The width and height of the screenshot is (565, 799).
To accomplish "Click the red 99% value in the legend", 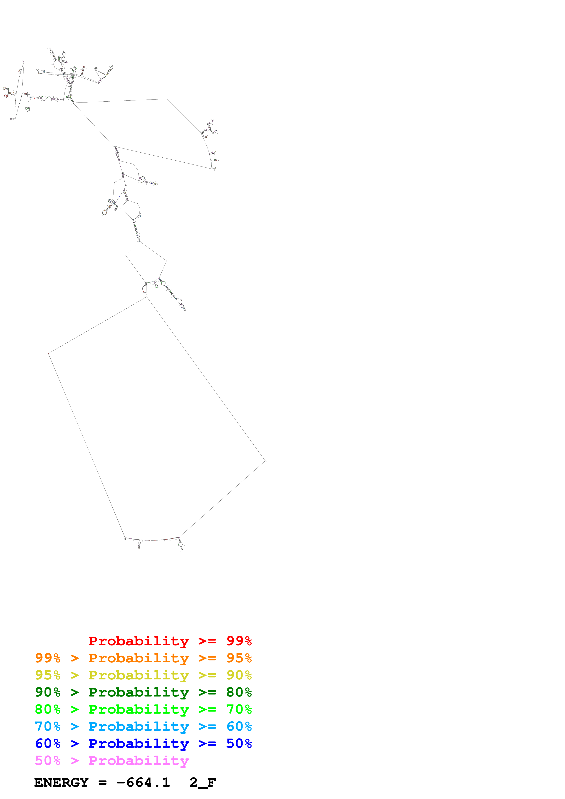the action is [x=239, y=641].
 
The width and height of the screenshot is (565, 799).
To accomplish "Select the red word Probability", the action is [x=139, y=641].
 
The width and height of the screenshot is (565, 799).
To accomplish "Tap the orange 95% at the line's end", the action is [x=239, y=658].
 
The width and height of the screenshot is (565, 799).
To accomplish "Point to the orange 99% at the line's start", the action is [x=48, y=658].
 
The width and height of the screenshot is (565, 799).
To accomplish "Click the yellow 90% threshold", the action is [x=239, y=675].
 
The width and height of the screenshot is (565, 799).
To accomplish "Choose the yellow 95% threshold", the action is [x=48, y=675].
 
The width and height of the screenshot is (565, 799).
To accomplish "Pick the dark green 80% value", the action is [x=239, y=692].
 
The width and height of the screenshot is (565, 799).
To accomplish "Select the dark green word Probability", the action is [x=139, y=692].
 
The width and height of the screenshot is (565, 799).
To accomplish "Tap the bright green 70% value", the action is [x=239, y=709].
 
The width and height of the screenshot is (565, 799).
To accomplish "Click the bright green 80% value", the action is [x=48, y=709].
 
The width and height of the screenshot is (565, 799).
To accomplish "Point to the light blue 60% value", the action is [x=239, y=726].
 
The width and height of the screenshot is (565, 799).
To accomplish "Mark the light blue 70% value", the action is [x=48, y=726].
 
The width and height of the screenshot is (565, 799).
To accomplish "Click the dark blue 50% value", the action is [x=239, y=743].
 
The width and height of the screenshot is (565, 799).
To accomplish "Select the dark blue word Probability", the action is [x=139, y=743].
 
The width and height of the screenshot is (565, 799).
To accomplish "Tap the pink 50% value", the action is [x=48, y=760].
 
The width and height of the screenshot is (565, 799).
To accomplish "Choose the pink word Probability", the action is [x=139, y=760].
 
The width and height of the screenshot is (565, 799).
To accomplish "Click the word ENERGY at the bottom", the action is [x=61, y=783].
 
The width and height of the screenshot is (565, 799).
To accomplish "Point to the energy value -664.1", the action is [x=143, y=783].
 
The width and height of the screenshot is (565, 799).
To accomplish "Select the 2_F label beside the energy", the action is [x=203, y=783].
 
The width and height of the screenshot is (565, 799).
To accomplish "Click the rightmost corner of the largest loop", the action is [x=265, y=461].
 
